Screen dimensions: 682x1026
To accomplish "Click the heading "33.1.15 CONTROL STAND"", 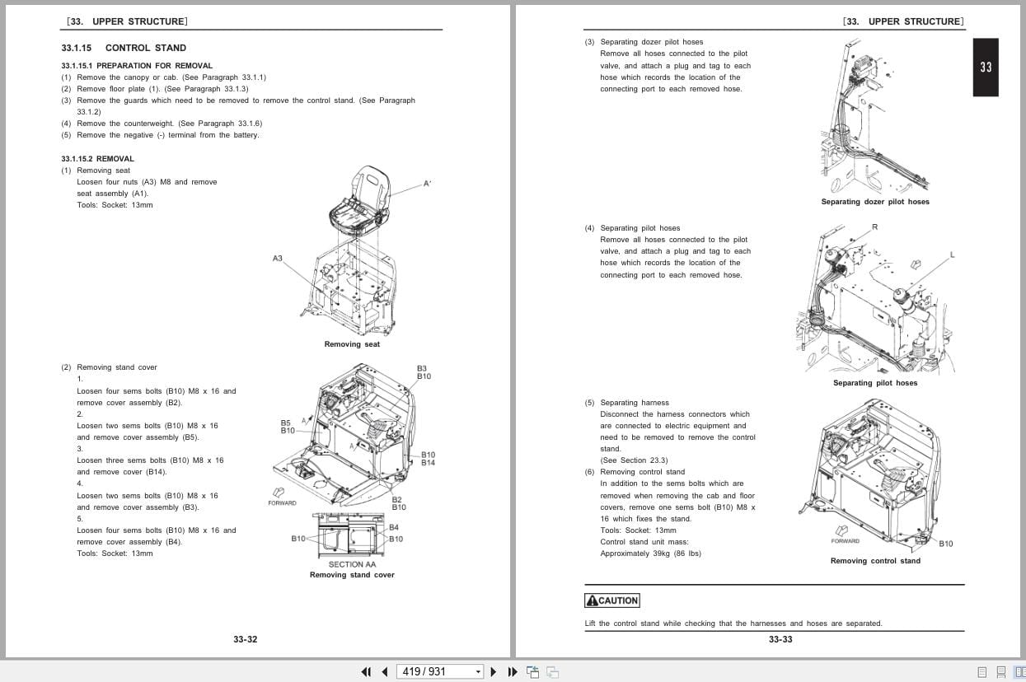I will coord(124,48).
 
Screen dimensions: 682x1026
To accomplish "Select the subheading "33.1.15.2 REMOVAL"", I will coord(97,158).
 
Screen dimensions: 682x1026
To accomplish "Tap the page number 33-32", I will coord(245,639).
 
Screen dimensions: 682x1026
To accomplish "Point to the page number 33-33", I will coord(780,639).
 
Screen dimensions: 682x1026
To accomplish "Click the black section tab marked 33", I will coord(986,68).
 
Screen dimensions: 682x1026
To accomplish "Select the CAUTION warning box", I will coord(611,600).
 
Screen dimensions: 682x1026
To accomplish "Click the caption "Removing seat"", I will coord(352,344).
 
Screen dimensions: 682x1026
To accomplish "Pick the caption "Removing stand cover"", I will coord(352,575).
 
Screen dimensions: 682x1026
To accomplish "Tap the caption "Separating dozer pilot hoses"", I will coord(874,202).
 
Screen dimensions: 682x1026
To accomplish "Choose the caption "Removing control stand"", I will coord(875,561).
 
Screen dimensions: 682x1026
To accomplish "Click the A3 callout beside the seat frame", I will coord(278,258).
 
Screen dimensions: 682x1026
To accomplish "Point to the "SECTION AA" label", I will coord(352,564).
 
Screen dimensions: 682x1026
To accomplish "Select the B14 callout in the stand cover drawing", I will coord(429,463).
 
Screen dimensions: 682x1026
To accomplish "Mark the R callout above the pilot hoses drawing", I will coord(874,227).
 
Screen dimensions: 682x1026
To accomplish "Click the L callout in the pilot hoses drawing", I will coord(952,255).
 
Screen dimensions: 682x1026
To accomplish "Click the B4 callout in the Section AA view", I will coord(394,527).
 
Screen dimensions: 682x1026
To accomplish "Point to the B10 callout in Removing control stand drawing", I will coord(945,544).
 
